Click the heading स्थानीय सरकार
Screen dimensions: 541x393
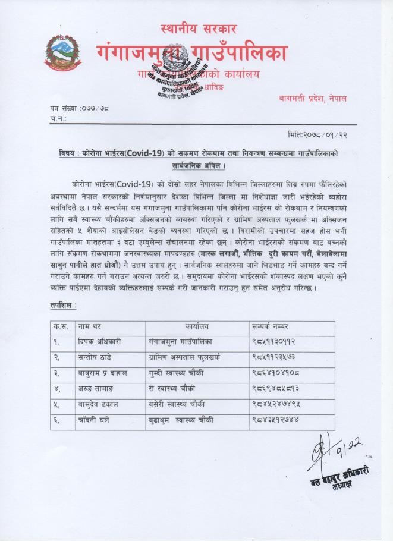click(199, 28)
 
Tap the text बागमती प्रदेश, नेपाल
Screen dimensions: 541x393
click(312, 97)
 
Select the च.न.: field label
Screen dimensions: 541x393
click(58, 119)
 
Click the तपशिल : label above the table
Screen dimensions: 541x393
click(63, 304)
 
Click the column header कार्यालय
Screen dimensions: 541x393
click(196, 326)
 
